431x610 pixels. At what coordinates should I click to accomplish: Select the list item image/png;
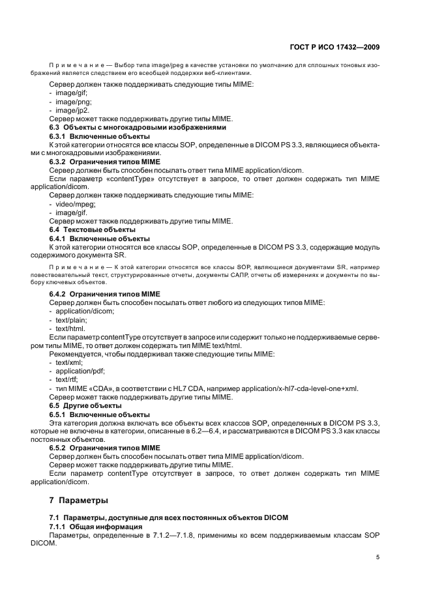pos(73,102)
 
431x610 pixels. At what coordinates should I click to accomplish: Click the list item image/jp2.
pos(72,110)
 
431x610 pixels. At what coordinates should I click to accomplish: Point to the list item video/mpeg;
pos(75,204)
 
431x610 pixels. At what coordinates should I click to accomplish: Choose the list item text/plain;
pos(72,320)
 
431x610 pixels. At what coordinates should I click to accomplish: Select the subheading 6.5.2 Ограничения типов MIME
pos(105,448)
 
